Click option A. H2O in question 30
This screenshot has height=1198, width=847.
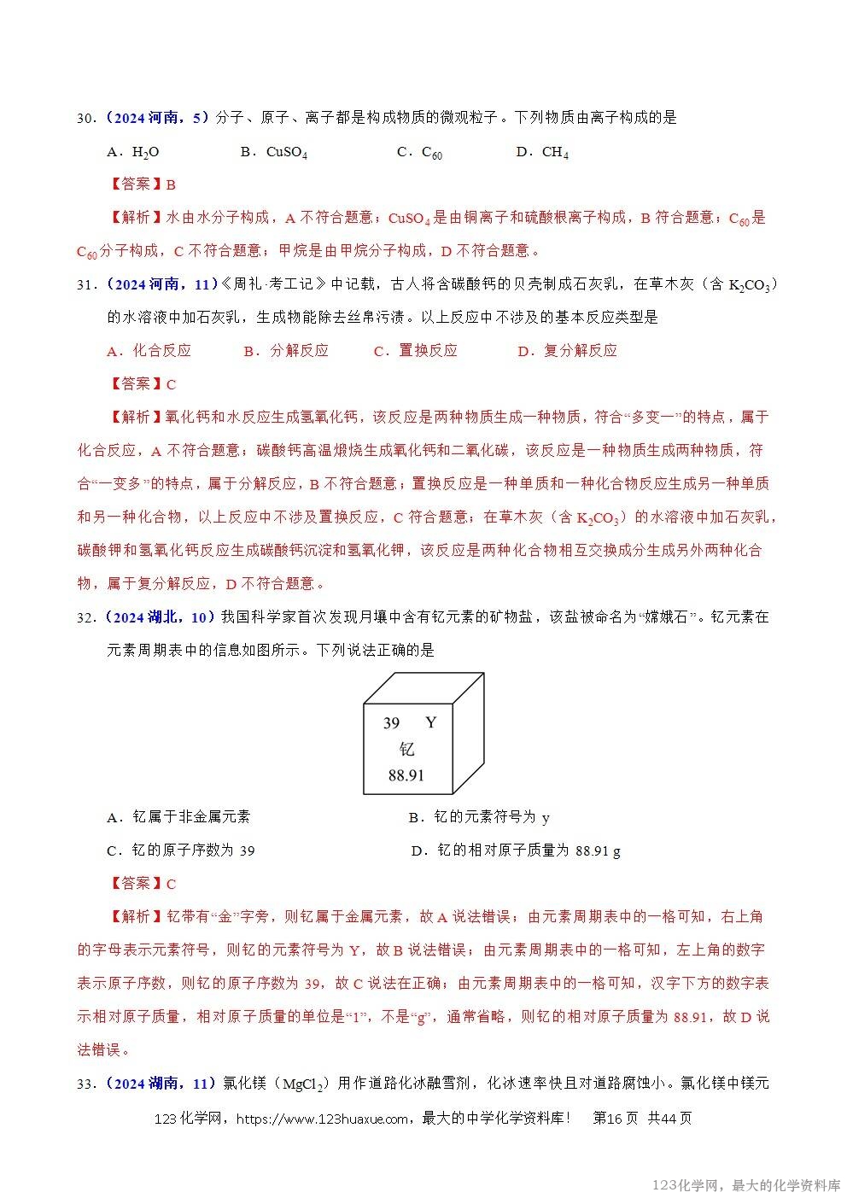pos(133,152)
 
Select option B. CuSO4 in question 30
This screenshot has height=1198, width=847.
pos(273,152)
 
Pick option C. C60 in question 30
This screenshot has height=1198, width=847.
pos(419,152)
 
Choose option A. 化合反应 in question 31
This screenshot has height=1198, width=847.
pos(149,351)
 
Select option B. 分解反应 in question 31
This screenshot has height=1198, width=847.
pos(285,351)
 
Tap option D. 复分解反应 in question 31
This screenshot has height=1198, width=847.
pos(567,351)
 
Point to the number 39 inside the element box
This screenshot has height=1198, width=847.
pos(391,723)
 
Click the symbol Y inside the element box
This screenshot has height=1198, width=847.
pos(430,722)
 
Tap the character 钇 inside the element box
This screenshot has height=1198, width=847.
pos(406,749)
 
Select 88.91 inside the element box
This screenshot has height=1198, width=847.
pos(406,775)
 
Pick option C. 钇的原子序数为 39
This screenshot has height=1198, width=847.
pos(180,850)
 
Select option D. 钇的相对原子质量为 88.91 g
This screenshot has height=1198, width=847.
pos(516,850)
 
